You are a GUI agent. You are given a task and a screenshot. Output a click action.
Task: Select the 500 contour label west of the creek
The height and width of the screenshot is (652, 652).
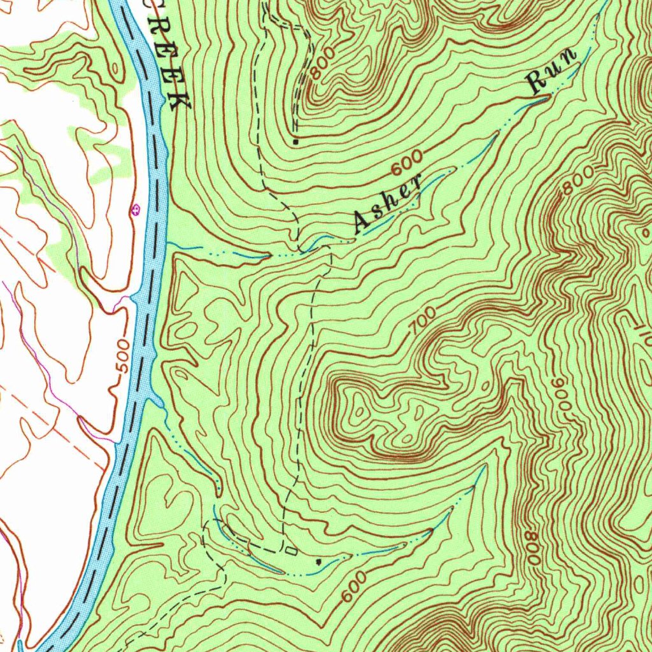(x=125, y=357)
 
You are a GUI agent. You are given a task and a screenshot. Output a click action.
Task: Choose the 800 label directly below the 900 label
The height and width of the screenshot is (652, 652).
(x=533, y=547)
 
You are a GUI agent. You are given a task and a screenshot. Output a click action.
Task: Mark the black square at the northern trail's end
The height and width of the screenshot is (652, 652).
(x=296, y=141)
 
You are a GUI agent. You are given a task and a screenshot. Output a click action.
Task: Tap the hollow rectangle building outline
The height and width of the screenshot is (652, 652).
(x=292, y=550)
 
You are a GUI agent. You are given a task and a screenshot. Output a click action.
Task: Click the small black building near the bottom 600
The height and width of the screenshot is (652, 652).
(x=318, y=562)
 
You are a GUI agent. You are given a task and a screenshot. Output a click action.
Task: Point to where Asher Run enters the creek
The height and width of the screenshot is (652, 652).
(x=167, y=243)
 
